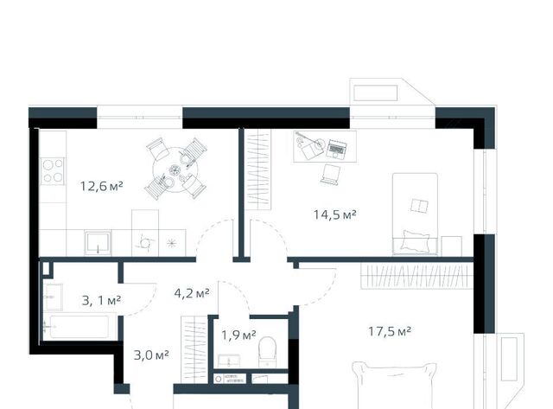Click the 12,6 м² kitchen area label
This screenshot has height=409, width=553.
click(102, 186)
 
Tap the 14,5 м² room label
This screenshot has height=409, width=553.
click(335, 214)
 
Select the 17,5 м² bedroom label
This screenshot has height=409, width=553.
click(390, 331)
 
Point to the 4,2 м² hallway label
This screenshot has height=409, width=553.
click(192, 292)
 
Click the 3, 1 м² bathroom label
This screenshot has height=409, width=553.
click(102, 300)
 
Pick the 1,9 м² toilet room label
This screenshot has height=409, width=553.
click(238, 335)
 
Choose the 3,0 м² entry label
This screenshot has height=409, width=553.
click(151, 355)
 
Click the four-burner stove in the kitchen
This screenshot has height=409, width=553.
click(53, 171)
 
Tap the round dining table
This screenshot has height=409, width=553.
click(175, 169)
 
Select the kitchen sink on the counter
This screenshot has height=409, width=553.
click(98, 243)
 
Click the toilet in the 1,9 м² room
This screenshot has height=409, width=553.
click(267, 351)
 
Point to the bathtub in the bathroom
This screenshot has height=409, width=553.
click(79, 327)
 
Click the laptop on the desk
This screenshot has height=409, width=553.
click(336, 149)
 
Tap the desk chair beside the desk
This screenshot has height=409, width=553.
click(331, 175)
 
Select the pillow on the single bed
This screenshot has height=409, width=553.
click(416, 241)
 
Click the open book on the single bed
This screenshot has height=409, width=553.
click(419, 206)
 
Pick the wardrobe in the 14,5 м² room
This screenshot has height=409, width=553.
click(257, 169)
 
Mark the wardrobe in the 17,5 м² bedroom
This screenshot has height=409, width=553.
click(416, 276)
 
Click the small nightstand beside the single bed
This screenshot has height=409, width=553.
click(451, 246)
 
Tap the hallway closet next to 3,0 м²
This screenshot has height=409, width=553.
click(194, 349)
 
